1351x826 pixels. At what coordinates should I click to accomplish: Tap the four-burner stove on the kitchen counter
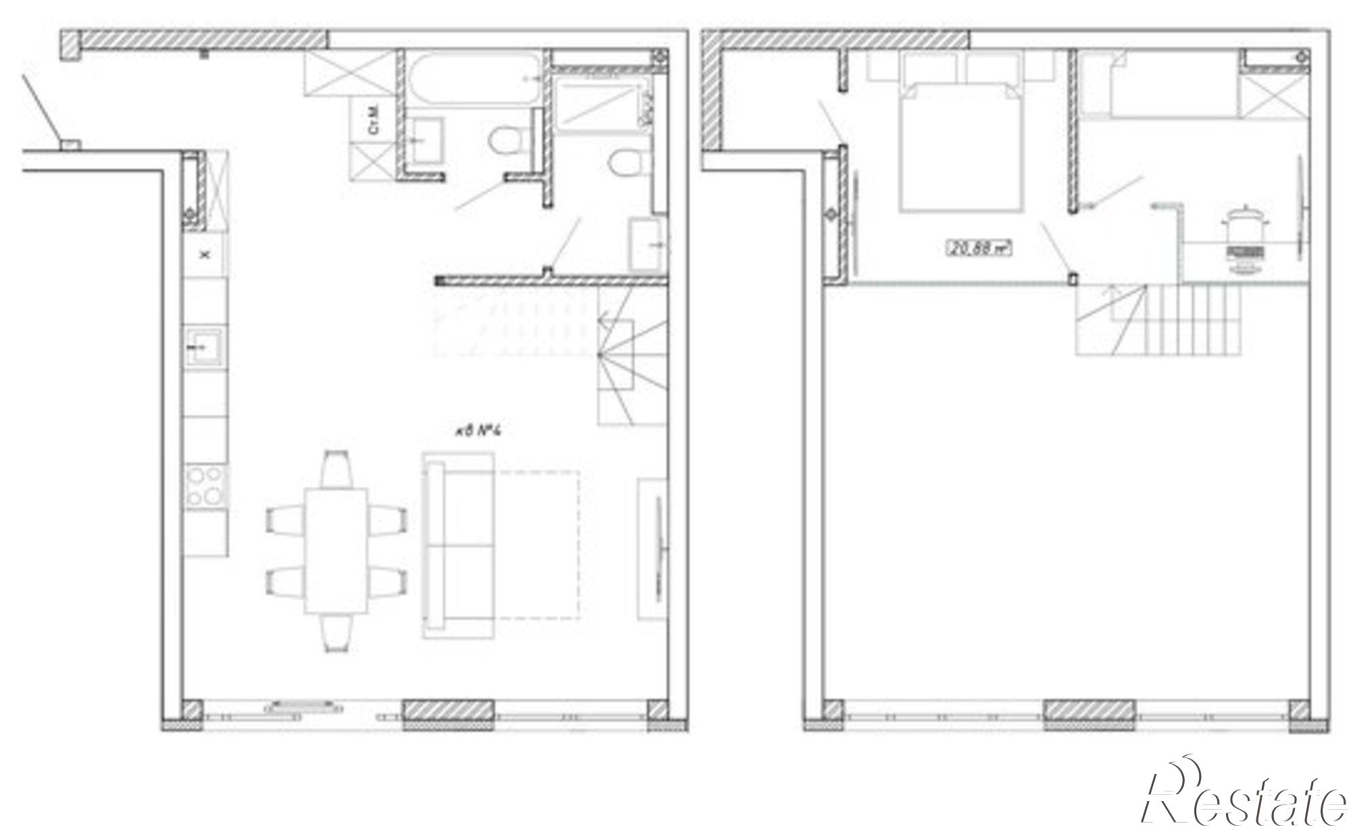205,486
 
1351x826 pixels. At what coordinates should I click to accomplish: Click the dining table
335,551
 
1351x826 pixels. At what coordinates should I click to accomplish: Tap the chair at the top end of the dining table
336,468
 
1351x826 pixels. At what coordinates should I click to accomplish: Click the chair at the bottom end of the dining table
336,634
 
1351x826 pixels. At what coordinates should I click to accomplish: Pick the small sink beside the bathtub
425,140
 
